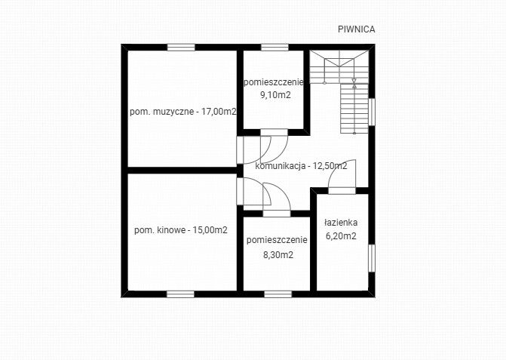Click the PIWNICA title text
pos(357,29)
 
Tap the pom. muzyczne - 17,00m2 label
pos(183,112)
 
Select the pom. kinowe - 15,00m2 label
pos(181,230)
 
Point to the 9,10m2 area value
pos(275,95)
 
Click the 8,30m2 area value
pos(278,255)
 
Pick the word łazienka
pos(341,222)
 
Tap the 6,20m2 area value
pos(341,236)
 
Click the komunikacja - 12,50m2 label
pos(301,166)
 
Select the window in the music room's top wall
pos(181,48)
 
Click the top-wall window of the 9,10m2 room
pos(274,48)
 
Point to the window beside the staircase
pos(372,112)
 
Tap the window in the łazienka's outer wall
pos(372,258)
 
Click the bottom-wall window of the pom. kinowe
pos(181,294)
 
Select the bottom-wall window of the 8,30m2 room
pos(278,294)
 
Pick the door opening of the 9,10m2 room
pos(274,132)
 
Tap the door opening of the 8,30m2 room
pos(277,214)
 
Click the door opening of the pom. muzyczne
pos(240,150)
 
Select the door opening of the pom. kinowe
pos(240,191)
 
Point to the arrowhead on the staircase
pos(354,80)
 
